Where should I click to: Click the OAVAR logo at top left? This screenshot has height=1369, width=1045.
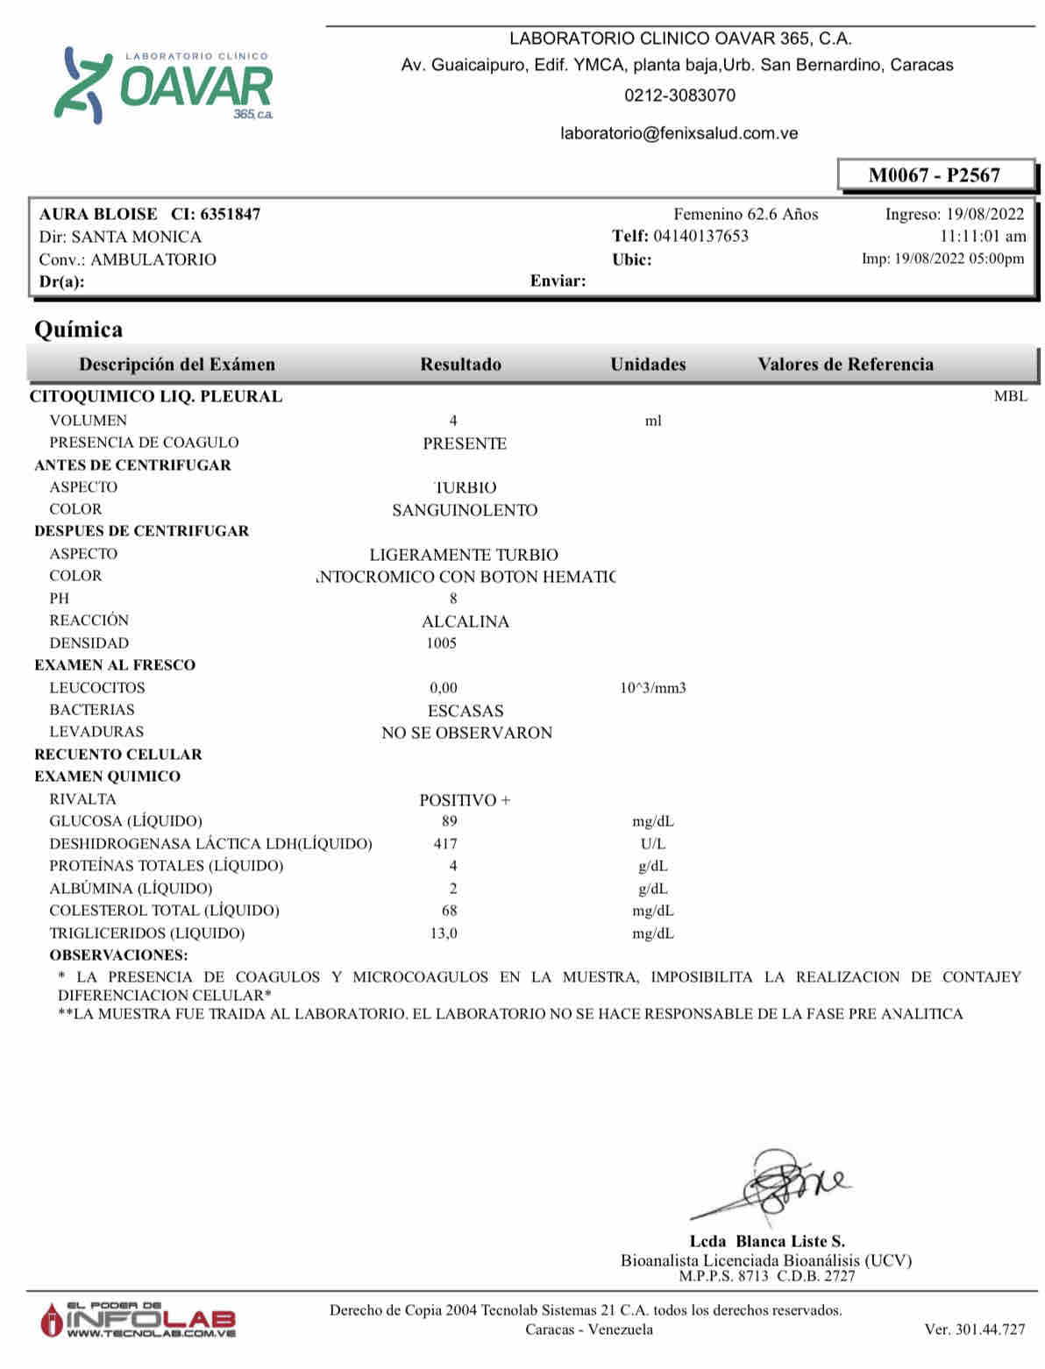(x=164, y=85)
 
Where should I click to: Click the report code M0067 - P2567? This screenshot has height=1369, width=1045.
(x=934, y=175)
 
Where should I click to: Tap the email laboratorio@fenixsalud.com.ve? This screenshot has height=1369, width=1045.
(x=679, y=133)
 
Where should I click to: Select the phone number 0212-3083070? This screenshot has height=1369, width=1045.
(x=679, y=96)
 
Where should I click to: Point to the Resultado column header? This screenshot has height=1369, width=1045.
(x=460, y=365)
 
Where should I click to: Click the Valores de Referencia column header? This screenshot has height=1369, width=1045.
(x=845, y=365)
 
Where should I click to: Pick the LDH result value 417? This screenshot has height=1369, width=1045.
(x=445, y=844)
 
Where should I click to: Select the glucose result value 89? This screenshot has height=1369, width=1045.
(x=450, y=821)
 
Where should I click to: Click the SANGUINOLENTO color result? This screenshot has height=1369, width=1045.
(x=465, y=510)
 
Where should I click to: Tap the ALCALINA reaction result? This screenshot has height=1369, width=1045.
(x=466, y=621)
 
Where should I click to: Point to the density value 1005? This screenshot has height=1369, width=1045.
(x=442, y=643)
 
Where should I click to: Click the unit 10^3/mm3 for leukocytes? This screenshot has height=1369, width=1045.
(x=653, y=688)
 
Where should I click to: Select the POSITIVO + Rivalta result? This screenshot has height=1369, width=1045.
(x=465, y=800)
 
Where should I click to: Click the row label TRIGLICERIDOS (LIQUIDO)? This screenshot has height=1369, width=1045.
(x=147, y=933)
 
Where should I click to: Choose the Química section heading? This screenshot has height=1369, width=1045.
(x=79, y=330)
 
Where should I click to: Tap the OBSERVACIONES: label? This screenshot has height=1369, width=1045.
(x=118, y=955)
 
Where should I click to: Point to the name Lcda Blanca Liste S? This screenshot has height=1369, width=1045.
(x=767, y=1241)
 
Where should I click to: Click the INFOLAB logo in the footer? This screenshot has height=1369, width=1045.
(x=139, y=1320)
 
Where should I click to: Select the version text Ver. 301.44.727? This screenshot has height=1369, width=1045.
(x=974, y=1330)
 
